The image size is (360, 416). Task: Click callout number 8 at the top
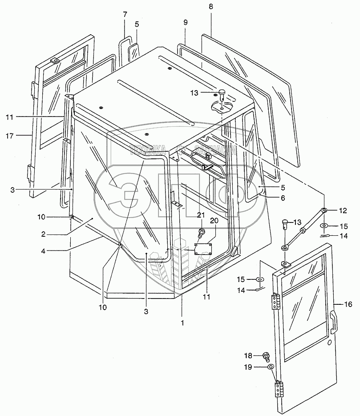210,7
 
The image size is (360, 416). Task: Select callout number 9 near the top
185,22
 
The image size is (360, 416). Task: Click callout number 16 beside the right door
349,305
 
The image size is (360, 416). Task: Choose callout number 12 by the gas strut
343,210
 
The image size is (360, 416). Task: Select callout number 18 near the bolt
247,355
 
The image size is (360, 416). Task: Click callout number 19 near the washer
248,367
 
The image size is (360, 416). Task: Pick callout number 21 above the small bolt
201,215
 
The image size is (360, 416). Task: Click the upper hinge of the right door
275,302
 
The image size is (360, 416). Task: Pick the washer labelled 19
270,367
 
